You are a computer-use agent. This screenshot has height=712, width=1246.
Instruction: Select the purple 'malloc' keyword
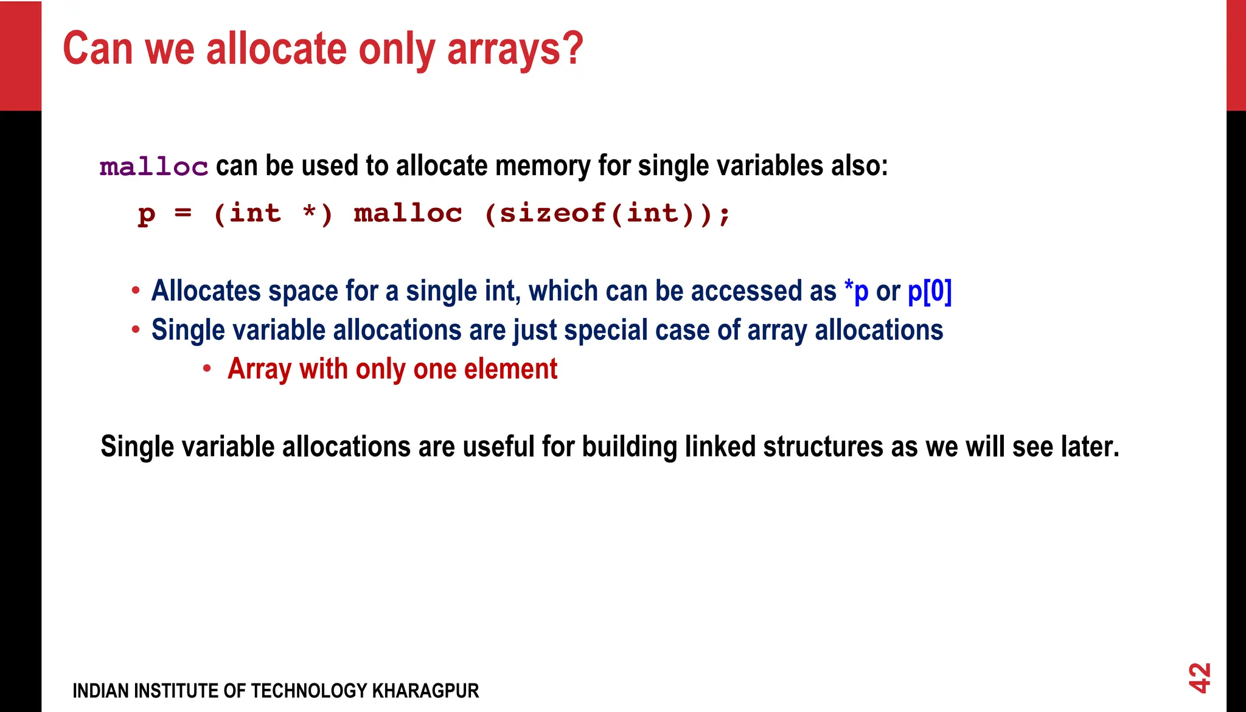(154, 167)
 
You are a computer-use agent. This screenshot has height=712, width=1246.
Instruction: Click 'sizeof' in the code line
(553, 213)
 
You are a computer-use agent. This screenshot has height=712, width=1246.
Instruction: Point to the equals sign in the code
(183, 213)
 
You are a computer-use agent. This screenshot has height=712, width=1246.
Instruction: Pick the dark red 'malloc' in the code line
(408, 213)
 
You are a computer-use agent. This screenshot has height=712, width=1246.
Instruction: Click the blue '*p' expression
(856, 291)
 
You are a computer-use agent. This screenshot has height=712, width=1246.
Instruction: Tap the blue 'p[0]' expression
(929, 291)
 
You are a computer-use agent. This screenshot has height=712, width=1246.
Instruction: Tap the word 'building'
(629, 447)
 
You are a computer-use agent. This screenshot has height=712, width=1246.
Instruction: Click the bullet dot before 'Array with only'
(207, 368)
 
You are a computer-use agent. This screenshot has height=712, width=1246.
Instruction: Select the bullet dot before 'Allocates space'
(136, 291)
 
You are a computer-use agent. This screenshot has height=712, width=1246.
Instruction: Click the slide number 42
(1199, 677)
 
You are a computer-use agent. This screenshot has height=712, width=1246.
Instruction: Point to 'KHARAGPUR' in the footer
(425, 691)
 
